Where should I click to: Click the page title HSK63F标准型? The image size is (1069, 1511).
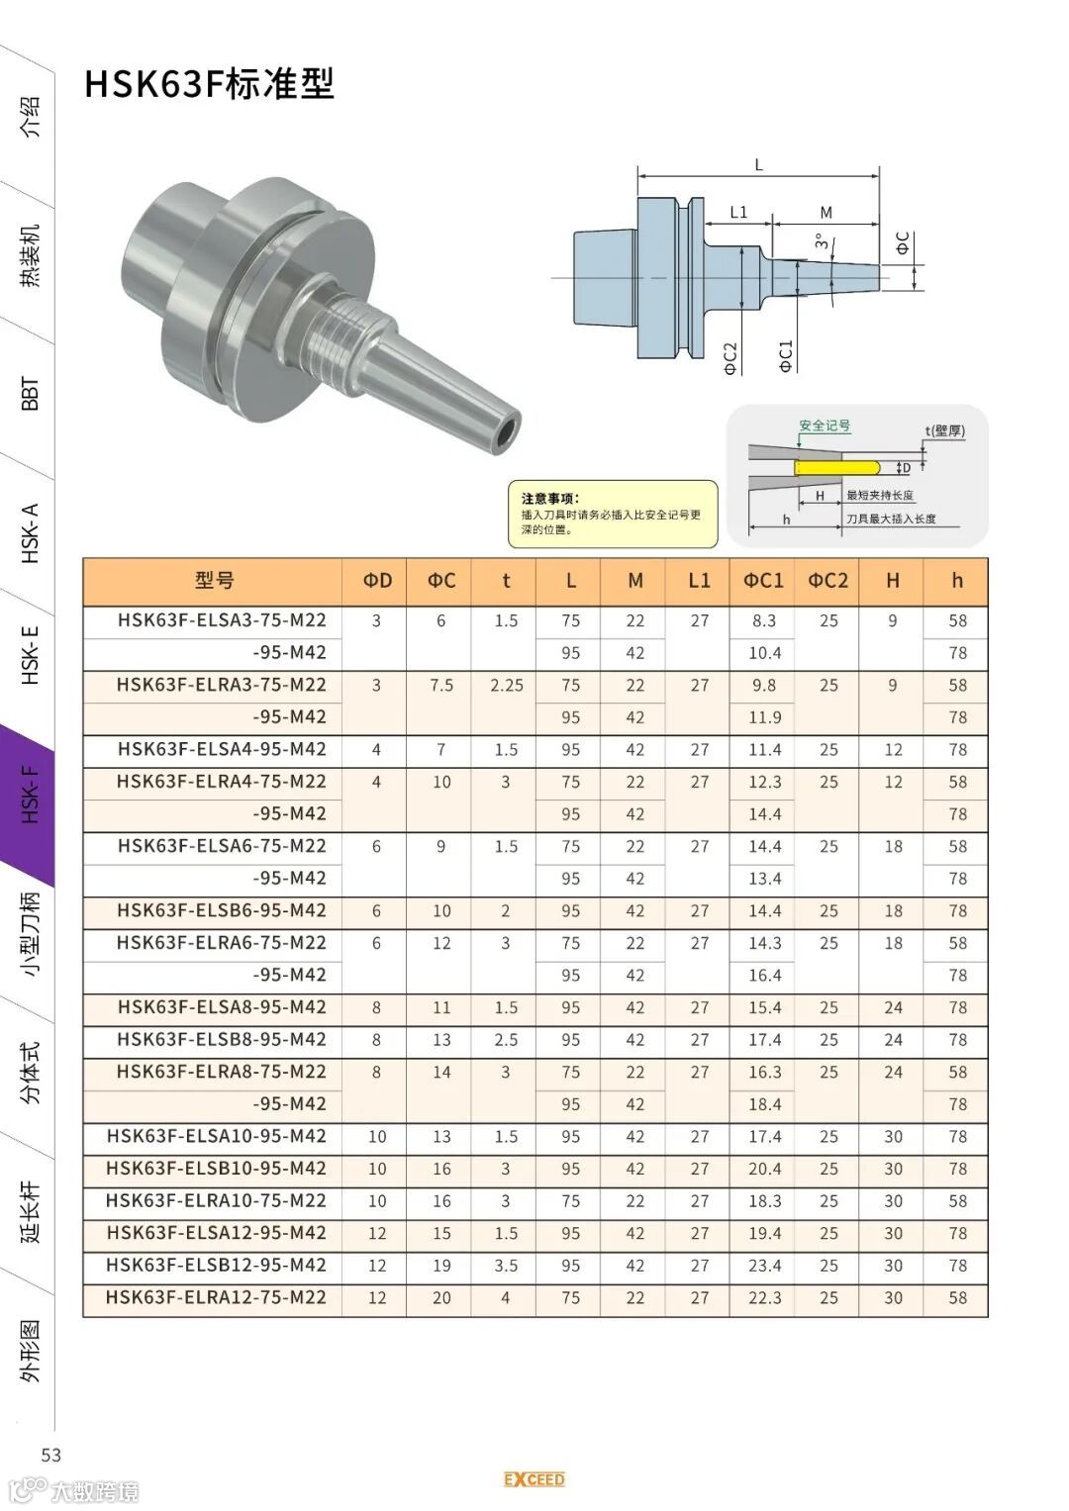209,84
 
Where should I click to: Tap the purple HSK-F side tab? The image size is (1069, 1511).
29,795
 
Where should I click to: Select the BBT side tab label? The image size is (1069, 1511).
31,393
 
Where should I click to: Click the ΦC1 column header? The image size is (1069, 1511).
763,581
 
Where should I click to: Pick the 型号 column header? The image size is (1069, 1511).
214,580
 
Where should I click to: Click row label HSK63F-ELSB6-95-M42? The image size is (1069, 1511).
222,910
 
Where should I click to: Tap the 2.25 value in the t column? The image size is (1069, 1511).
506,686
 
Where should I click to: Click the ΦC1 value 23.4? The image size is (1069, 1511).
764,1265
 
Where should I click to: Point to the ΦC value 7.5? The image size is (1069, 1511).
441,686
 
